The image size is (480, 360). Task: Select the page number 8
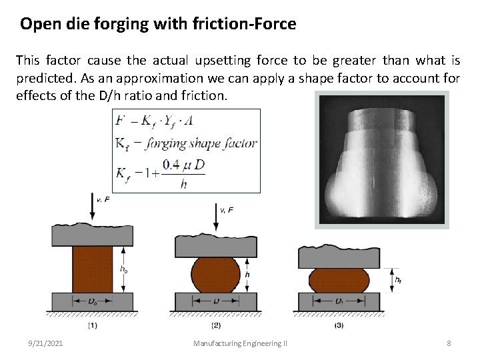449,343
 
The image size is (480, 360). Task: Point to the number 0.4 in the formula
169,163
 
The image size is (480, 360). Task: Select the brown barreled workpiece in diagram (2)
215,275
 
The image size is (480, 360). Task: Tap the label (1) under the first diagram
92,326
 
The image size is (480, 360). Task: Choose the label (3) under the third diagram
339,326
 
